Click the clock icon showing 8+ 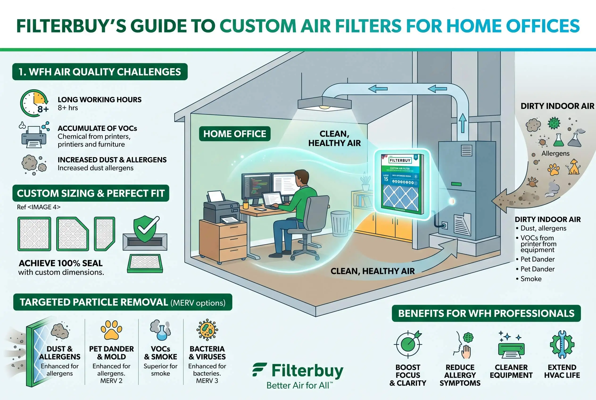coord(34,103)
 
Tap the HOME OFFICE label coord(234,134)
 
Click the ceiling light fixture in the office coord(324,104)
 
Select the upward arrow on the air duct coord(462,123)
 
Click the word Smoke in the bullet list coord(531,279)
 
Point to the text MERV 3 coord(207,381)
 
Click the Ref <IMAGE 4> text coord(39,207)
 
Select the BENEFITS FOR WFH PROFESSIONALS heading coord(486,313)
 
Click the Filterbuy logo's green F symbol coord(259,369)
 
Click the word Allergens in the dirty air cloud coord(555,153)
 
